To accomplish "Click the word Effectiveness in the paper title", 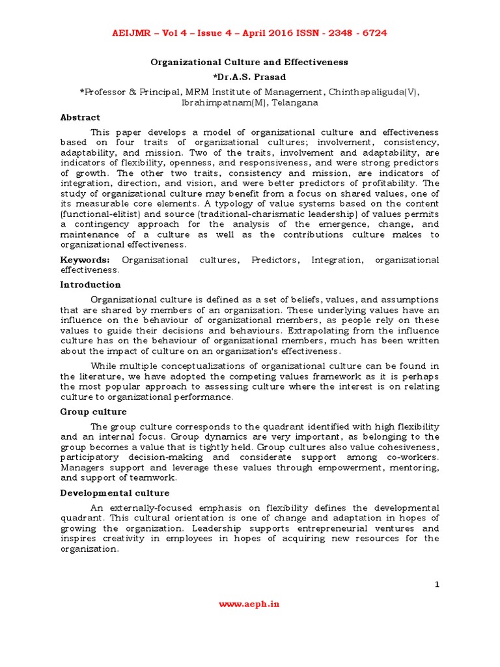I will coord(311,63).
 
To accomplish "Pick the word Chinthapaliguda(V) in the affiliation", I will coord(374,92).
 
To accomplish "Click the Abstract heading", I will coord(80,117).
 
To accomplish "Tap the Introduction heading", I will coord(90,285).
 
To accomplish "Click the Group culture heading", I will coord(93,412).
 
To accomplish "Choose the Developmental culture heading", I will coord(115,493).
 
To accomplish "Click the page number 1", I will coord(437,584).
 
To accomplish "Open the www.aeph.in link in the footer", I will coord(249,604).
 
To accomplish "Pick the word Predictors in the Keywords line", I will coord(274,260).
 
